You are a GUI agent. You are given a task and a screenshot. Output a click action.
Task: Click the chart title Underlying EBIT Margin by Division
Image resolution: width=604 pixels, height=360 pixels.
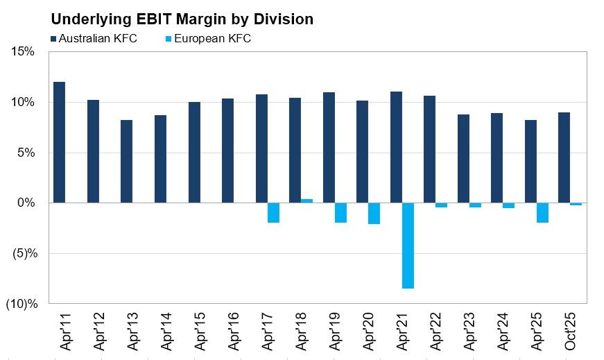(182, 19)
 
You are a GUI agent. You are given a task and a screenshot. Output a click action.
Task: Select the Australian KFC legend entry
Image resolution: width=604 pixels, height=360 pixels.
(94, 39)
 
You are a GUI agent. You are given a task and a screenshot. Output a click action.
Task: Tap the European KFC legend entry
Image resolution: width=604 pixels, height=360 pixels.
(208, 39)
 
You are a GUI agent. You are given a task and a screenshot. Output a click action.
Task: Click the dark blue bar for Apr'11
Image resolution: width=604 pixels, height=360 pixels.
(60, 142)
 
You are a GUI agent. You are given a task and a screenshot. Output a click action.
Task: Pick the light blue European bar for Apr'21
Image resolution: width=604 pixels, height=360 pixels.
(408, 246)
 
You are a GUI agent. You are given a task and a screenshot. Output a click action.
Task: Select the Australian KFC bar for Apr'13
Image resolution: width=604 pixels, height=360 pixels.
(126, 161)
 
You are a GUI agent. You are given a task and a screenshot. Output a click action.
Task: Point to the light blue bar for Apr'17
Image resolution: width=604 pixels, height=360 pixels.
(273, 213)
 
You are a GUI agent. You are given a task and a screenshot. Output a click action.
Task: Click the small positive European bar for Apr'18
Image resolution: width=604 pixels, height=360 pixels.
(307, 201)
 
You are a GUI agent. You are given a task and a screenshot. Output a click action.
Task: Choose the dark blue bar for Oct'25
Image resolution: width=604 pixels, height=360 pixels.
(564, 157)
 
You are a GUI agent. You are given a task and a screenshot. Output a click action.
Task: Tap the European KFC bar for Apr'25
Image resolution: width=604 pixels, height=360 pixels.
(542, 213)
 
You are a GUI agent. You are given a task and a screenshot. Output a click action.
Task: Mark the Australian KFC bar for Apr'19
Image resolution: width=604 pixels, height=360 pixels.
(329, 147)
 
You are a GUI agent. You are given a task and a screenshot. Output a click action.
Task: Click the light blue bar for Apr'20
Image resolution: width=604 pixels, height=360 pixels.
(374, 213)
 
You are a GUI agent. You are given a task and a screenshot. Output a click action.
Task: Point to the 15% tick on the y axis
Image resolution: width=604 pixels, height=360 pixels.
(23, 51)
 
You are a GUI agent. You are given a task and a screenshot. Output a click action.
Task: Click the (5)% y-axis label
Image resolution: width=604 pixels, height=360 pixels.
(25, 254)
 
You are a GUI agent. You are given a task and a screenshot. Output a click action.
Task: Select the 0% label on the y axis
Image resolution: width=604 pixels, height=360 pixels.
(26, 203)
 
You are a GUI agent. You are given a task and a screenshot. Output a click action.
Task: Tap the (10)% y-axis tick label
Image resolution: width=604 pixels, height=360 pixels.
(22, 304)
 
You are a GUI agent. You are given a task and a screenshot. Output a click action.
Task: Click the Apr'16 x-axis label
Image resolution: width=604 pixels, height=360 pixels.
(234, 331)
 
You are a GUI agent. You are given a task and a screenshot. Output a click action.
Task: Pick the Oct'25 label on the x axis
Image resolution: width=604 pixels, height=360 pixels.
(570, 331)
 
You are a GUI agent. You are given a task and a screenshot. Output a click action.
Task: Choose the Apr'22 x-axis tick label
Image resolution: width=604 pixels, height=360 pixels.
(435, 331)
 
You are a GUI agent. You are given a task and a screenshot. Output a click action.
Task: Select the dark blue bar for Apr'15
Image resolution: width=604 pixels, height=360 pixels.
(195, 152)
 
